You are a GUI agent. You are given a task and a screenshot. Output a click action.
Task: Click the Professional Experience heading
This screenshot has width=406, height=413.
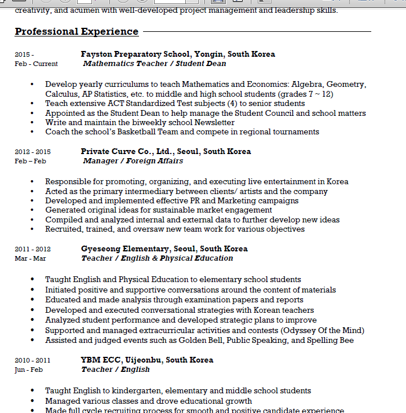(76, 32)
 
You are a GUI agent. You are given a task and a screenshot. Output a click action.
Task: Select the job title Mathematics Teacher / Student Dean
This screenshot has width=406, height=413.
(154, 64)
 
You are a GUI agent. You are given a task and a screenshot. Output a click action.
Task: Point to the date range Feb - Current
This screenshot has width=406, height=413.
(36, 64)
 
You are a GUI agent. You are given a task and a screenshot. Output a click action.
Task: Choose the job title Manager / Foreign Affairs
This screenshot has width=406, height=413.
(133, 161)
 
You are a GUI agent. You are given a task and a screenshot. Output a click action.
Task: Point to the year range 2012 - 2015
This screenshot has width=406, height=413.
(32, 152)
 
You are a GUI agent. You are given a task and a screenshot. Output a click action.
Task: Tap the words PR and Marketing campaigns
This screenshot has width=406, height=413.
(240, 200)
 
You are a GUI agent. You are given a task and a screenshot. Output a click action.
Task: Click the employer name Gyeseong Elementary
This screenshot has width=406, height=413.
(125, 248)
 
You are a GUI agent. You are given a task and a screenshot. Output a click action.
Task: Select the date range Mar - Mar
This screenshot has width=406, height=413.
(30, 258)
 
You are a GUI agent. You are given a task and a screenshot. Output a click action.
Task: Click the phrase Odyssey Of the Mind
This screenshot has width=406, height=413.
(322, 330)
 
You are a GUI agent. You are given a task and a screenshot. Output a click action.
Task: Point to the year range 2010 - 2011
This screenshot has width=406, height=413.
(32, 360)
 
